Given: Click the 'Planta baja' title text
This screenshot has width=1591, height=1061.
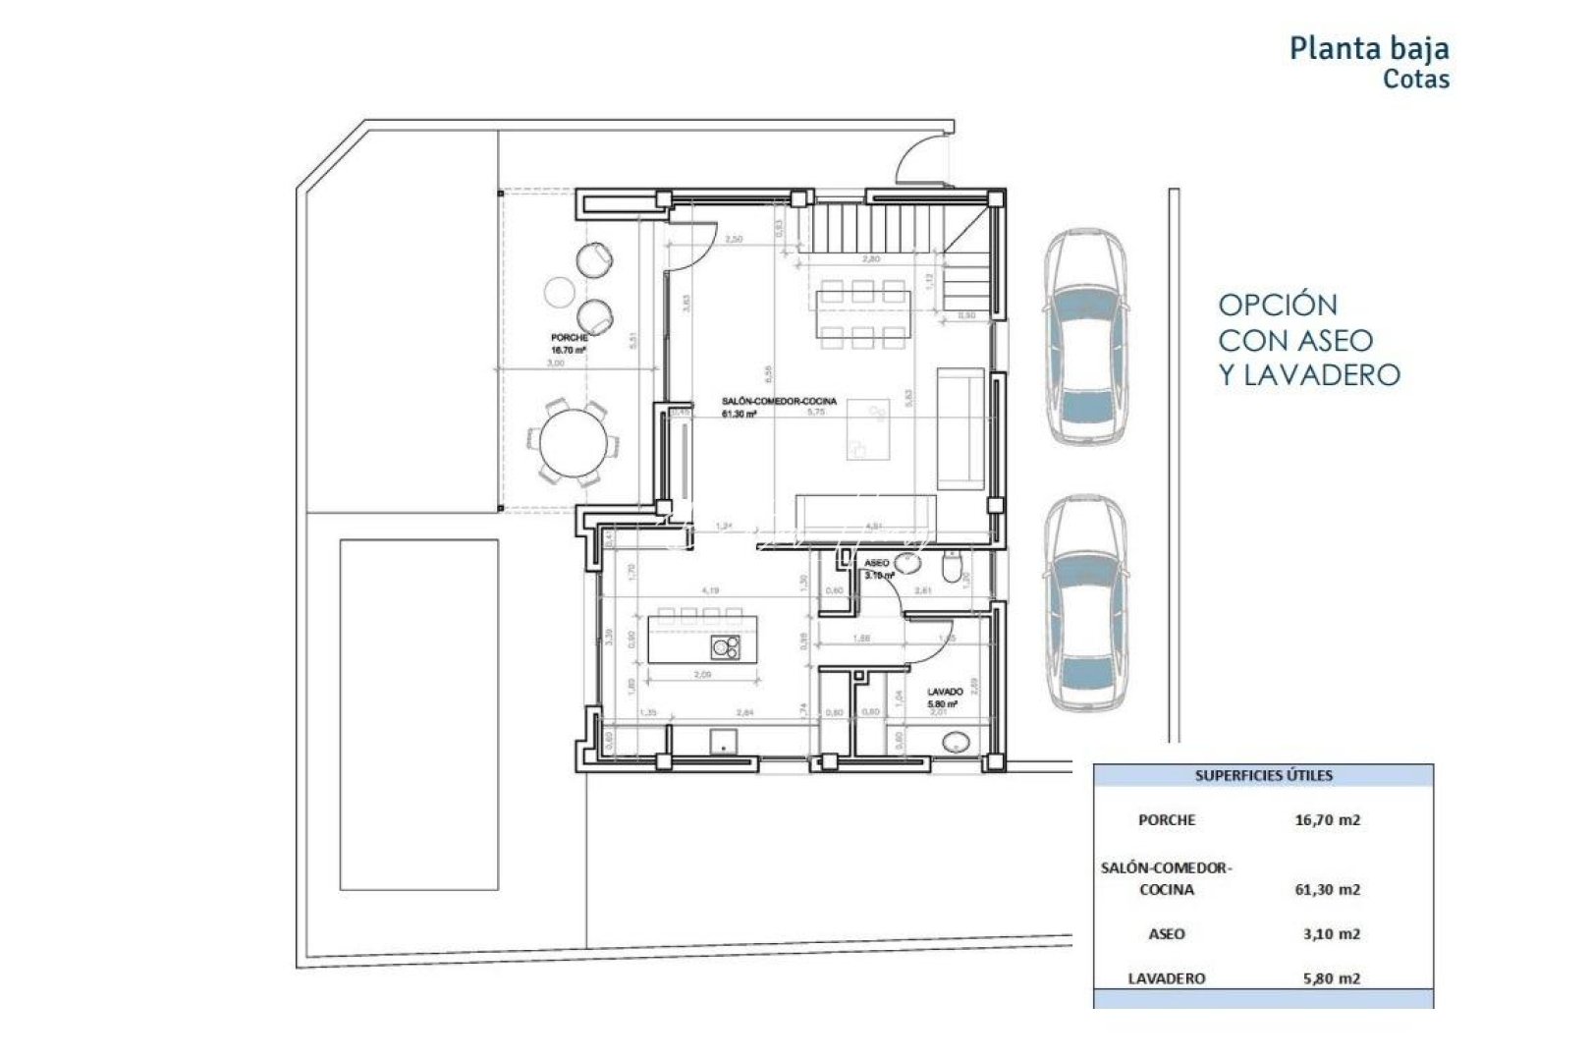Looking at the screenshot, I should pyautogui.click(x=1368, y=48).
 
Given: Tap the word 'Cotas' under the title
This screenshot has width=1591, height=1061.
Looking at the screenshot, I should pyautogui.click(x=1415, y=80).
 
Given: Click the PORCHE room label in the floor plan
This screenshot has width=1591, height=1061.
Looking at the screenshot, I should pyautogui.click(x=570, y=338).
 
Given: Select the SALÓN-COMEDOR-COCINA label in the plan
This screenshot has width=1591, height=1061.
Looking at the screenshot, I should pyautogui.click(x=779, y=402).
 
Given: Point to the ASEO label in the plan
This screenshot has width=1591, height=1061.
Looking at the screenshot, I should pyautogui.click(x=876, y=563).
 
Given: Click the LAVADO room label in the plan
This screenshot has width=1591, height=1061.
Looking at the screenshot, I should pyautogui.click(x=945, y=692).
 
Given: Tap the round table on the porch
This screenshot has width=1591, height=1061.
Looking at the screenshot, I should pyautogui.click(x=573, y=444).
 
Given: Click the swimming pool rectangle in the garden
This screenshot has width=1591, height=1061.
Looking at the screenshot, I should pyautogui.click(x=419, y=714).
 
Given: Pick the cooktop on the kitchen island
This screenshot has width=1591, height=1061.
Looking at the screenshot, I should pyautogui.click(x=726, y=646).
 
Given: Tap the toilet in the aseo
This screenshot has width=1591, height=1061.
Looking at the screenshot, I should pyautogui.click(x=952, y=568).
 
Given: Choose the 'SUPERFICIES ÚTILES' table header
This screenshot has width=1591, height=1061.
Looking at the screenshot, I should pyautogui.click(x=1263, y=775).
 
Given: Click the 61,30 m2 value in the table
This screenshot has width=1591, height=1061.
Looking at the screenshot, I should pyautogui.click(x=1327, y=889).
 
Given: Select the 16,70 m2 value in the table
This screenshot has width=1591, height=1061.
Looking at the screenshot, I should pyautogui.click(x=1327, y=819).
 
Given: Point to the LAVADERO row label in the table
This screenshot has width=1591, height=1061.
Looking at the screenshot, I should pyautogui.click(x=1167, y=977).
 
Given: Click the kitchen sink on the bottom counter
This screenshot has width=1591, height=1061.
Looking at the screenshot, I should pyautogui.click(x=724, y=739).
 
